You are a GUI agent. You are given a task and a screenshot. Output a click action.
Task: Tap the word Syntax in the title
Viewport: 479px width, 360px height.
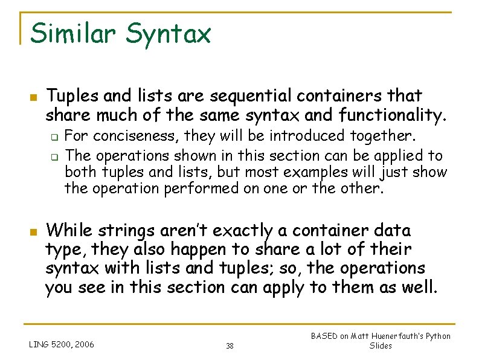169,34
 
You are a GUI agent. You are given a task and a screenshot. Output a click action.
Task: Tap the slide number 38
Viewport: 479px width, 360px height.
230,346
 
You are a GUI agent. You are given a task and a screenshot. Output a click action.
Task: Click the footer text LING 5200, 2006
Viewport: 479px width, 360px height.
62,345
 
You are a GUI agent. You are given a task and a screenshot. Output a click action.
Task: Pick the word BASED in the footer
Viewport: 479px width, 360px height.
324,336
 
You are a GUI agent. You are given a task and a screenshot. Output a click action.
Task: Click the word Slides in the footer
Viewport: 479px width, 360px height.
381,346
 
